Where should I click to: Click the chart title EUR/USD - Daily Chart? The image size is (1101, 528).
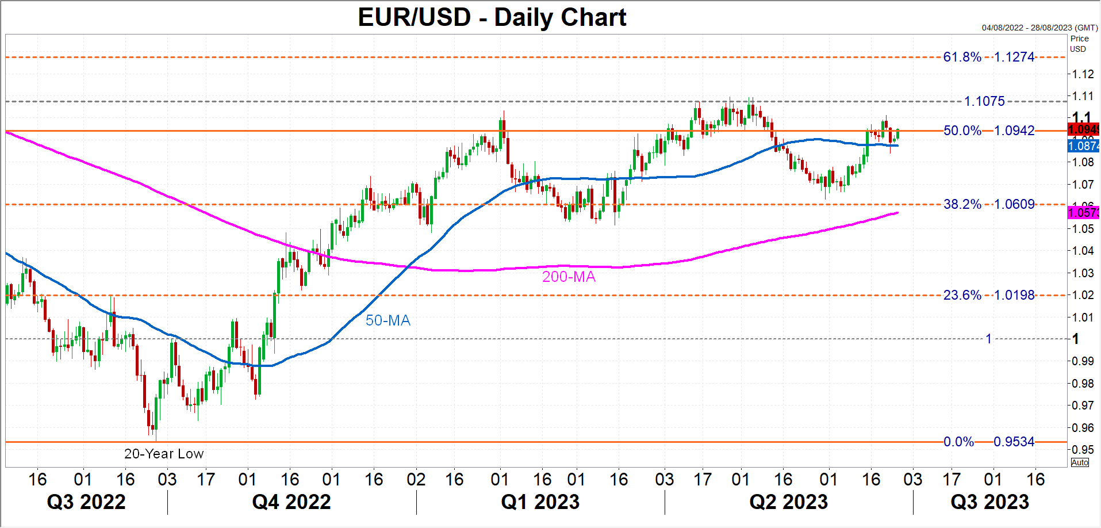pyautogui.click(x=492, y=17)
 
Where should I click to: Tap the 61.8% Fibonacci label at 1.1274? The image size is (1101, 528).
pyautogui.click(x=989, y=57)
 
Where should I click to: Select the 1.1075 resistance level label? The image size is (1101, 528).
pyautogui.click(x=984, y=101)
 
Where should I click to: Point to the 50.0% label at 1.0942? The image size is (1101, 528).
pyautogui.click(x=989, y=131)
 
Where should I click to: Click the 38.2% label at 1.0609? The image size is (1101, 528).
pyautogui.click(x=989, y=204)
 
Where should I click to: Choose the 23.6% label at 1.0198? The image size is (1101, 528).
pyautogui.click(x=989, y=295)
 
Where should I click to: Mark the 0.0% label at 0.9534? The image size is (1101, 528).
pyautogui.click(x=989, y=442)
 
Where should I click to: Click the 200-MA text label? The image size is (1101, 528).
pyautogui.click(x=569, y=277)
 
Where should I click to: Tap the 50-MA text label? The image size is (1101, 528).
pyautogui.click(x=388, y=320)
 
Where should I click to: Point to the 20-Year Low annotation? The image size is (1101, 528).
pyautogui.click(x=164, y=454)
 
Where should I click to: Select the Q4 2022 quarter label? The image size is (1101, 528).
pyautogui.click(x=291, y=502)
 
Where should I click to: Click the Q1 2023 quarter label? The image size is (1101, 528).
pyautogui.click(x=540, y=502)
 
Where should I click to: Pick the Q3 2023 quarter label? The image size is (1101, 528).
pyautogui.click(x=989, y=502)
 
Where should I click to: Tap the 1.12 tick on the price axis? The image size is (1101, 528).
pyautogui.click(x=1083, y=74)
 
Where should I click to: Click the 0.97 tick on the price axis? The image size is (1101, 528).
pyautogui.click(x=1083, y=405)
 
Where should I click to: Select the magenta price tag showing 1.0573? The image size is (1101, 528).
pyautogui.click(x=1083, y=213)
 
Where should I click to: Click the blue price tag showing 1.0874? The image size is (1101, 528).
pyautogui.click(x=1083, y=146)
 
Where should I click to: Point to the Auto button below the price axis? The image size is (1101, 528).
pyautogui.click(x=1080, y=462)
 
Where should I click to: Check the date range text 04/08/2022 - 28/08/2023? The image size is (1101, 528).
pyautogui.click(x=1039, y=28)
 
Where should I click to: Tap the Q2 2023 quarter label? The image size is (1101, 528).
pyautogui.click(x=788, y=502)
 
